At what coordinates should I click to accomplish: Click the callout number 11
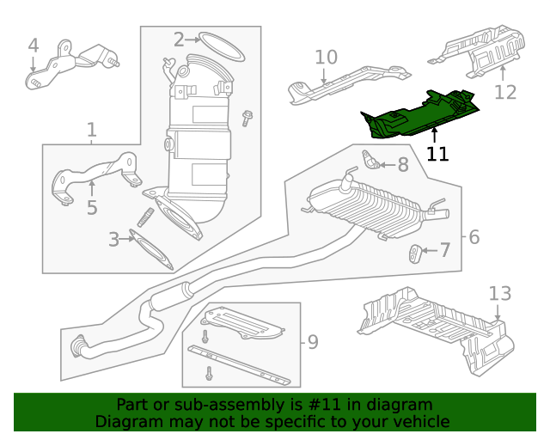[437, 155]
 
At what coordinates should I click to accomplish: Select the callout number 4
[33, 45]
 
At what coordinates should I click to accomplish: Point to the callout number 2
[179, 39]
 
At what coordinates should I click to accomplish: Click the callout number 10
[326, 58]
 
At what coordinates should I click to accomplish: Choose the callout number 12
[505, 92]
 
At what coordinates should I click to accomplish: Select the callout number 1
[91, 130]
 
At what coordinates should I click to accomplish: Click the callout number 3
[113, 240]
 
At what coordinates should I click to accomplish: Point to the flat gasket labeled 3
[151, 246]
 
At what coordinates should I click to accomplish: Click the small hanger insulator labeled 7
[414, 253]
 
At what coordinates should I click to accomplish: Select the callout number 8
[403, 164]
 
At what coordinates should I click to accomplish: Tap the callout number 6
[474, 236]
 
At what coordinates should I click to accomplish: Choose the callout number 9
[312, 342]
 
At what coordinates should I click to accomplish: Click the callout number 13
[499, 294]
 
